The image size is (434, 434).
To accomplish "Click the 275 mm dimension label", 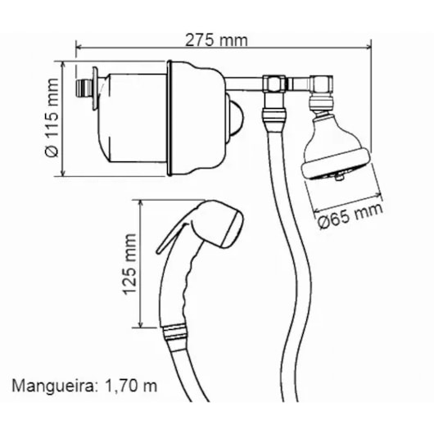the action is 216,40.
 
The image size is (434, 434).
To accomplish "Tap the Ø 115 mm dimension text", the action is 52,118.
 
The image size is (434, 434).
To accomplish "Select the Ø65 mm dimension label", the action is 350,216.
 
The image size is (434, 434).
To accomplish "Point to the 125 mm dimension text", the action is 129,264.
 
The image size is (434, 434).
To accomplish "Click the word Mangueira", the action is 54,387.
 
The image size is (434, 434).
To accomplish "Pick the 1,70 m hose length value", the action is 131,386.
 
